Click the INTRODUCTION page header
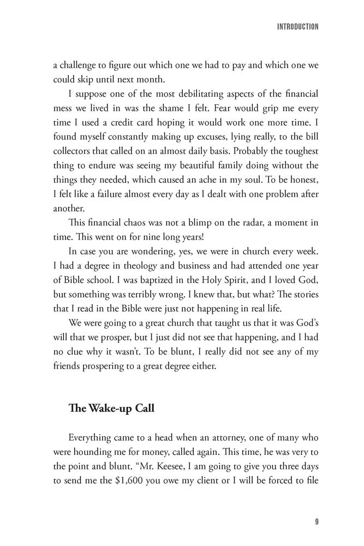coord(298,26)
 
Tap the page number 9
coord(317,521)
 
